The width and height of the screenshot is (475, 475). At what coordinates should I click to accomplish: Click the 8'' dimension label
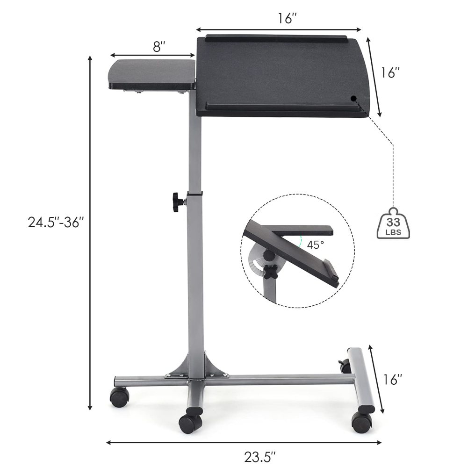(159, 47)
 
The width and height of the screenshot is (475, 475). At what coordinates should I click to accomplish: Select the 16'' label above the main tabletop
(287, 19)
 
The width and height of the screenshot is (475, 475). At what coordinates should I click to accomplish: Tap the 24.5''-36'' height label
(56, 222)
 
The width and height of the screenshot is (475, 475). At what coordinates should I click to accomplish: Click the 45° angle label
(315, 244)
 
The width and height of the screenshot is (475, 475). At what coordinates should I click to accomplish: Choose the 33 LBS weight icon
(392, 223)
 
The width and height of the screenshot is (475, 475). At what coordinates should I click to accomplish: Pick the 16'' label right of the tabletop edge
(391, 73)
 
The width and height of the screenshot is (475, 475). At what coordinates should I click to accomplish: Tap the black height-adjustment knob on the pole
(178, 202)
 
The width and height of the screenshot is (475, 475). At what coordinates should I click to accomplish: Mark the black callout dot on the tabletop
(353, 98)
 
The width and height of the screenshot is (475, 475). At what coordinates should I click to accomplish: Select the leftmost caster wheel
(119, 397)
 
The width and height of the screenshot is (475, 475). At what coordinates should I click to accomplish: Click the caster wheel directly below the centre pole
(190, 423)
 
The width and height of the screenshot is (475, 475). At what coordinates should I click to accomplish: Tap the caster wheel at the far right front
(362, 422)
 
